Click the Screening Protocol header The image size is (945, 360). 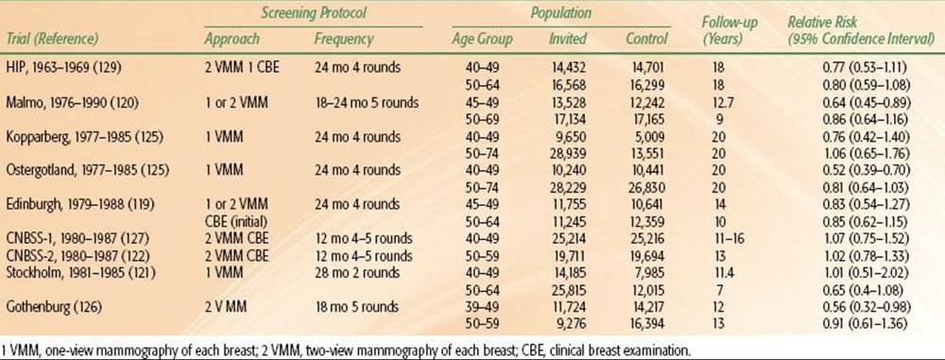point(314,11)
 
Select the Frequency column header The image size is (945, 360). point(344,40)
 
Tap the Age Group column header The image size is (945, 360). point(482,40)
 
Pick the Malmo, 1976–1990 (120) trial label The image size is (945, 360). point(74,102)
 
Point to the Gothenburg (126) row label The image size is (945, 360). point(54,306)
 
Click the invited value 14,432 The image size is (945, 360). point(567,67)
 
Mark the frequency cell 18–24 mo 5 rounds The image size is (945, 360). point(367,102)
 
